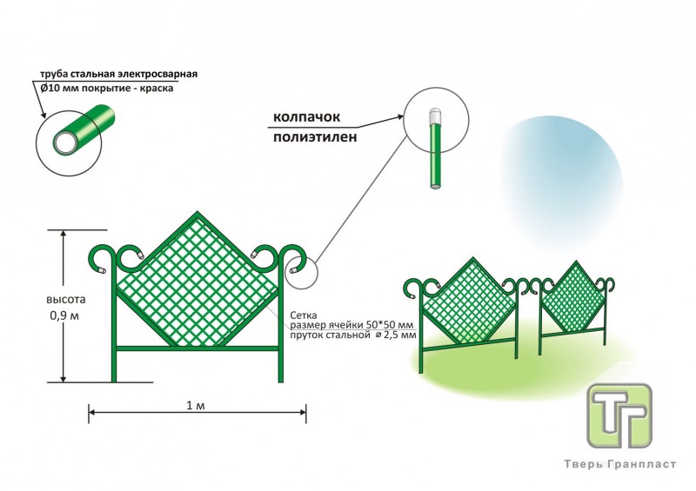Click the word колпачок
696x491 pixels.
(x=306, y=116)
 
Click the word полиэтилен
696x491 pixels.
(x=315, y=137)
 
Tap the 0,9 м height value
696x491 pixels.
(x=65, y=315)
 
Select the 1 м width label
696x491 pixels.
(x=196, y=405)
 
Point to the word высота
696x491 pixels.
(x=66, y=300)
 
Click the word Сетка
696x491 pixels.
(x=303, y=315)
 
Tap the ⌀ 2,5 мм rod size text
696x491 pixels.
(x=396, y=335)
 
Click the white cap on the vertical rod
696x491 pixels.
(x=435, y=116)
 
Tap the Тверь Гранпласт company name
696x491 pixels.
(x=620, y=464)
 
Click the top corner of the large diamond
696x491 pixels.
(x=197, y=213)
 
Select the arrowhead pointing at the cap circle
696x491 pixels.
(x=400, y=116)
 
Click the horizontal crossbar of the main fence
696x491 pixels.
(x=198, y=348)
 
